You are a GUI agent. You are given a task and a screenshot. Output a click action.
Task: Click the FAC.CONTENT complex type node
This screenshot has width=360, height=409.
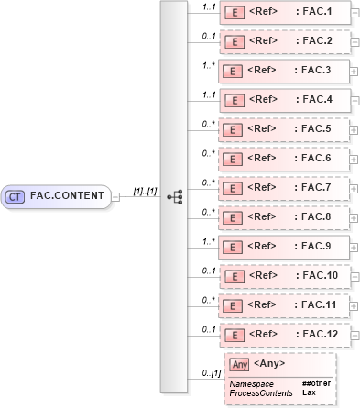(x=57, y=195)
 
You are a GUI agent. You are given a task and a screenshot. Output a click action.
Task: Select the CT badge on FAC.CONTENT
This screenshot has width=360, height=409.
(x=16, y=195)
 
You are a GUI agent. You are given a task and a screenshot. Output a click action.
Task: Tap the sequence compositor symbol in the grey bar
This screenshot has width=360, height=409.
(x=175, y=195)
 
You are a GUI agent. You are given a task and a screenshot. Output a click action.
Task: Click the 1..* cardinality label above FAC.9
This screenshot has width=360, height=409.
(x=208, y=239)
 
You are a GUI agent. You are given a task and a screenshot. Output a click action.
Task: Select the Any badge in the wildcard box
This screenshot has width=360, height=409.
(x=240, y=365)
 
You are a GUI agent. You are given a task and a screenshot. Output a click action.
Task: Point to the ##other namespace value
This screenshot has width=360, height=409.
(x=316, y=382)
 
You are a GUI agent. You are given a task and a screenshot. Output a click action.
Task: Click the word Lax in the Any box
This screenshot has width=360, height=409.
(x=309, y=392)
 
